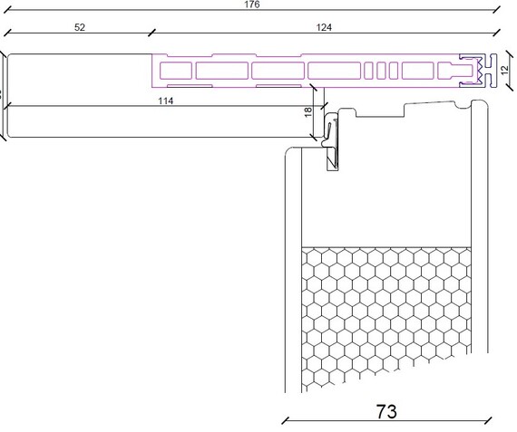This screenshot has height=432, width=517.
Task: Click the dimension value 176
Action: coord(252,5)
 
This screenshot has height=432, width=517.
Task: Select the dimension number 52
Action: coord(80,27)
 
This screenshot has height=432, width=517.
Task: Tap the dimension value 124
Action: coord(324,27)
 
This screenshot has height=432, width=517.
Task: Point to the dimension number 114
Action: coord(165,101)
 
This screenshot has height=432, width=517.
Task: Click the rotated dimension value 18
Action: coord(307,112)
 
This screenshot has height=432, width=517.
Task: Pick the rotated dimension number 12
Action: coord(504,70)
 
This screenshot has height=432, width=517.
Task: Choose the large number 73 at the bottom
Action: coord(386,411)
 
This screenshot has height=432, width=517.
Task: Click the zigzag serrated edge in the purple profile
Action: coord(478,71)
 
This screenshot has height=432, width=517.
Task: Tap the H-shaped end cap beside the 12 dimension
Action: coord(493,71)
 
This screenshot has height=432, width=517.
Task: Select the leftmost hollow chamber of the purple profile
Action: coord(176,71)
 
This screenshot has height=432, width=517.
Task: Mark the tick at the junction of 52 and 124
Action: coord(151,33)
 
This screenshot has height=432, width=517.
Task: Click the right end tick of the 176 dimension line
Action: coord(496,10)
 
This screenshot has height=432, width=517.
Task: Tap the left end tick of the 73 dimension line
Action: coord(286,420)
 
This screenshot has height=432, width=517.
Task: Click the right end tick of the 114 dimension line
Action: coord(324,106)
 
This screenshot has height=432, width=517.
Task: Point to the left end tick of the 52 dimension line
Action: coord(7,33)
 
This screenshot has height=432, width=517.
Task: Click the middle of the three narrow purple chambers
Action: coord(381,71)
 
